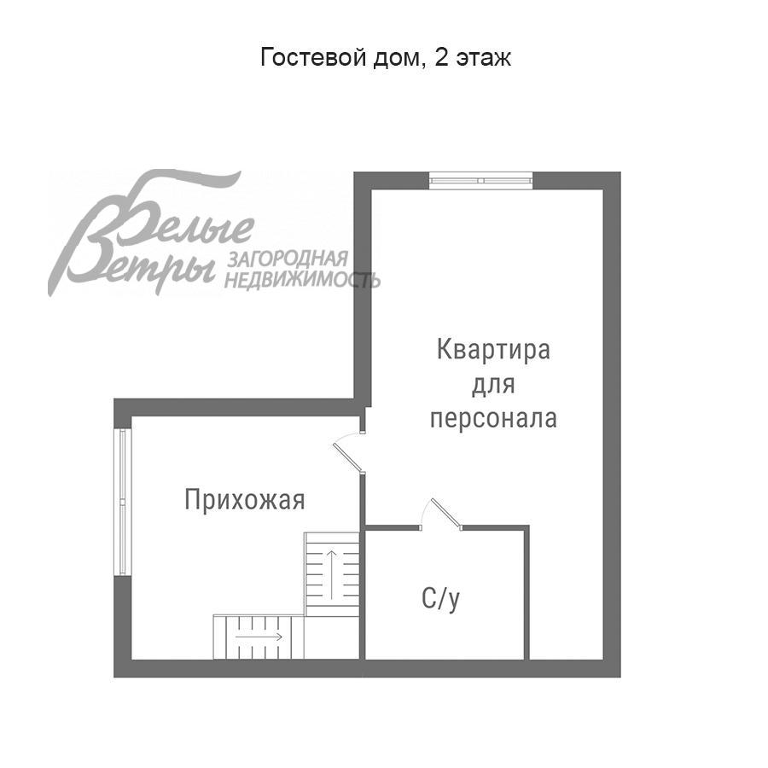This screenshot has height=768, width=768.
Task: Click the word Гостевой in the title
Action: tap(300, 58)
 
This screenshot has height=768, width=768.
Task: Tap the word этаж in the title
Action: tap(484, 58)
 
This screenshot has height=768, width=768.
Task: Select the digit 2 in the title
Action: tap(439, 58)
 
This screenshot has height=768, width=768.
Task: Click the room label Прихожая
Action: tap(244, 499)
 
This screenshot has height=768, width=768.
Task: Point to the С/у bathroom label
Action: tap(441, 599)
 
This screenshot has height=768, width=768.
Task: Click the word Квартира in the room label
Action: tap(493, 350)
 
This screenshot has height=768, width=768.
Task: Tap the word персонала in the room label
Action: tap(493, 418)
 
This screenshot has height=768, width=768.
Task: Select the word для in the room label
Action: tap(493, 384)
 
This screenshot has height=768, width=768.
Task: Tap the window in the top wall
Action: tap(480, 180)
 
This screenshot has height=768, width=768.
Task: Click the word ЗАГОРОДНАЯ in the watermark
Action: tap(287, 259)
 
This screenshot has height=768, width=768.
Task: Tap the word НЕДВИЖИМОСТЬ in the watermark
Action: tap(302, 279)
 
